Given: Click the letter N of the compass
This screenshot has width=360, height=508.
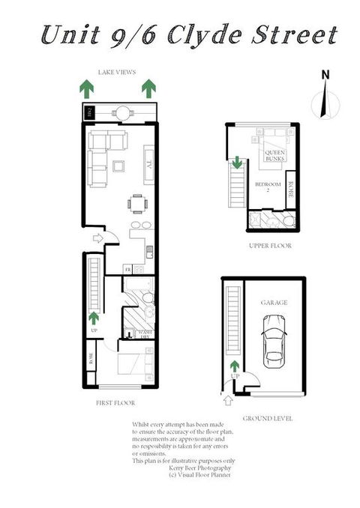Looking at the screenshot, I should (x=325, y=74).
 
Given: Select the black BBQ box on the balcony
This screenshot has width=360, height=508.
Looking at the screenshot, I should (x=88, y=112).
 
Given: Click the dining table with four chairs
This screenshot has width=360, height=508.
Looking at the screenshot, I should (x=136, y=203).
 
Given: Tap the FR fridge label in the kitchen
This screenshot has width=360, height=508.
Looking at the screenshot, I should (x=128, y=269).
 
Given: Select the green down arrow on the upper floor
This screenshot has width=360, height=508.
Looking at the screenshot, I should (x=237, y=162).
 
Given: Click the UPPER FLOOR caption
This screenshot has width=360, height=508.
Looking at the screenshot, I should (x=270, y=246).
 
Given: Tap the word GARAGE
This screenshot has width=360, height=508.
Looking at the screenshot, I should (x=274, y=303).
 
